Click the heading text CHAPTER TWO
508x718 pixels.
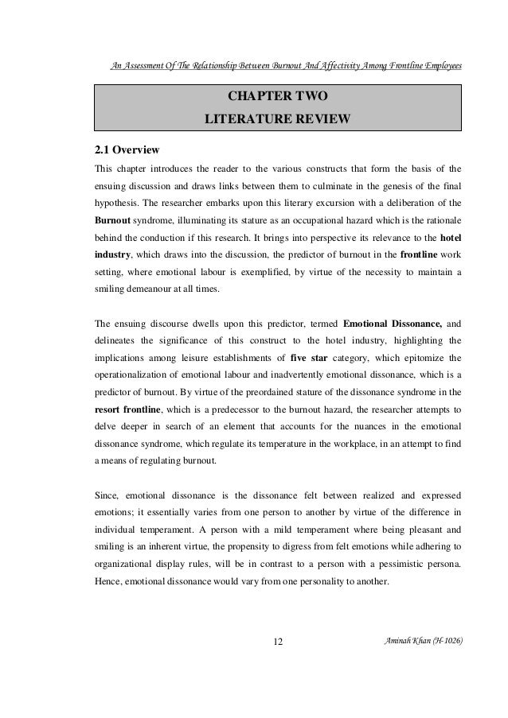[x=277, y=98]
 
